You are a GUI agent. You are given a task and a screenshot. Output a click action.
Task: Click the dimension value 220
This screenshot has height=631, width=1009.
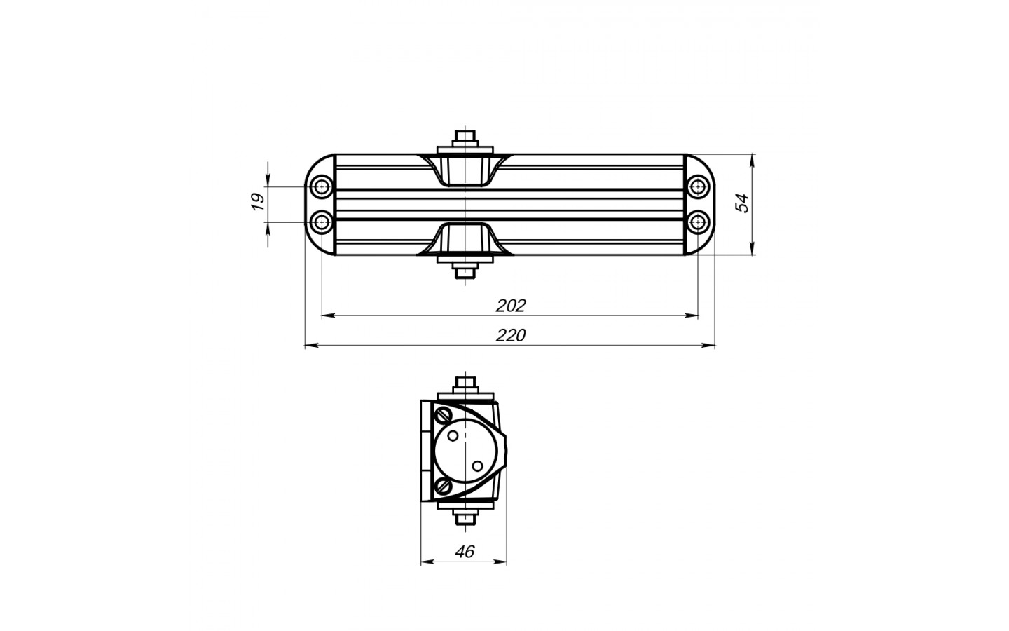pyautogui.click(x=511, y=335)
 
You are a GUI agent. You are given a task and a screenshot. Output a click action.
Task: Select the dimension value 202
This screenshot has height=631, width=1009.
pyautogui.click(x=511, y=306)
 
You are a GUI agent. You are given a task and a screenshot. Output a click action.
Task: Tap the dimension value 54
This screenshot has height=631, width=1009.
pyautogui.click(x=741, y=203)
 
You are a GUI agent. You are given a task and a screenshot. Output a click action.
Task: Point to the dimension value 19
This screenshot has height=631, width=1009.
pyautogui.click(x=258, y=201)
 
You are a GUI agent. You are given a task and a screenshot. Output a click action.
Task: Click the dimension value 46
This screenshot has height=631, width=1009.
pyautogui.click(x=465, y=552)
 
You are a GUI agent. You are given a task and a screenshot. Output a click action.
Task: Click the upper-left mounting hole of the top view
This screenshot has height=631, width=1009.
pyautogui.click(x=322, y=186)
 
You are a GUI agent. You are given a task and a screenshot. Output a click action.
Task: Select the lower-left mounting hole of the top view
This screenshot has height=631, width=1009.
pyautogui.click(x=322, y=222)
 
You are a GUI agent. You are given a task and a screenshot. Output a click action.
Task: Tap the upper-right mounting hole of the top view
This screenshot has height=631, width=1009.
pyautogui.click(x=698, y=186)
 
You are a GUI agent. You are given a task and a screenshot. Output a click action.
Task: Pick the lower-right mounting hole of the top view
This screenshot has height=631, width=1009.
pyautogui.click(x=698, y=222)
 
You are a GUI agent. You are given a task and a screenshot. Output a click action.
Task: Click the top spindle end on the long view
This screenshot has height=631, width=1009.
pyautogui.click(x=465, y=136)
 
